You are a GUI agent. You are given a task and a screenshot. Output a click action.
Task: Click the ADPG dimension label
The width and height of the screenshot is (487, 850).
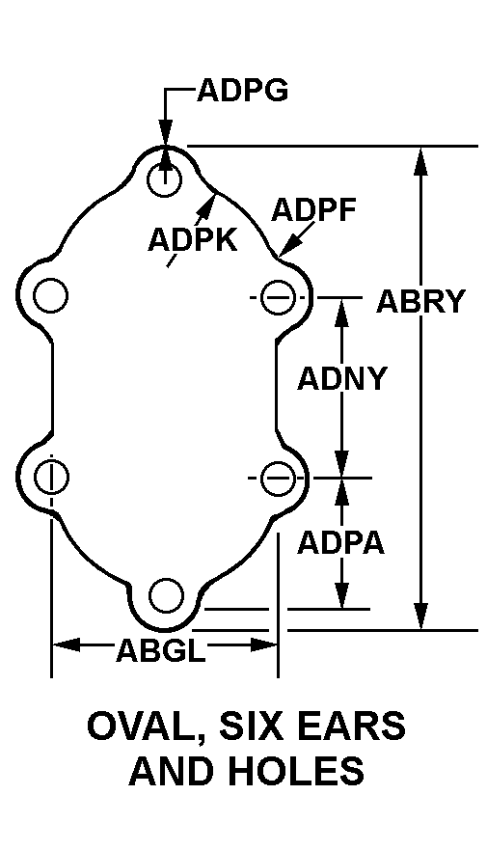pos(242,90)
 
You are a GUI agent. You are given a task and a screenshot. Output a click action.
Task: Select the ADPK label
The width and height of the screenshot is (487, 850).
pos(193,239)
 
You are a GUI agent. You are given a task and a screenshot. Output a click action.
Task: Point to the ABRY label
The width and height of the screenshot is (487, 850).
pos(420,301)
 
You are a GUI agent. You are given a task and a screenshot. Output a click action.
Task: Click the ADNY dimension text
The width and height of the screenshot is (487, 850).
pos(341,378)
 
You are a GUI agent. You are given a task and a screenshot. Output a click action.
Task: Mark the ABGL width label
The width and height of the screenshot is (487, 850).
pos(161,650)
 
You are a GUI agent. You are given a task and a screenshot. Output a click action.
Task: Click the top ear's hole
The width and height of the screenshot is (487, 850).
pos(164,179)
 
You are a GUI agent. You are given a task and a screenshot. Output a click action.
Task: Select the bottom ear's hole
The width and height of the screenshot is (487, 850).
pos(166,595)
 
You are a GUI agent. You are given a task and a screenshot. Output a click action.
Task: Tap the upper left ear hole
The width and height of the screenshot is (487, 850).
pos(51,296)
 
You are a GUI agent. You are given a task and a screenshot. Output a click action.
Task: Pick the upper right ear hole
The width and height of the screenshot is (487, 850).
pos(278,297)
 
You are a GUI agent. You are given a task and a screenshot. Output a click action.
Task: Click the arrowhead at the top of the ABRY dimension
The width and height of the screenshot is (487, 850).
pos(420,161)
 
